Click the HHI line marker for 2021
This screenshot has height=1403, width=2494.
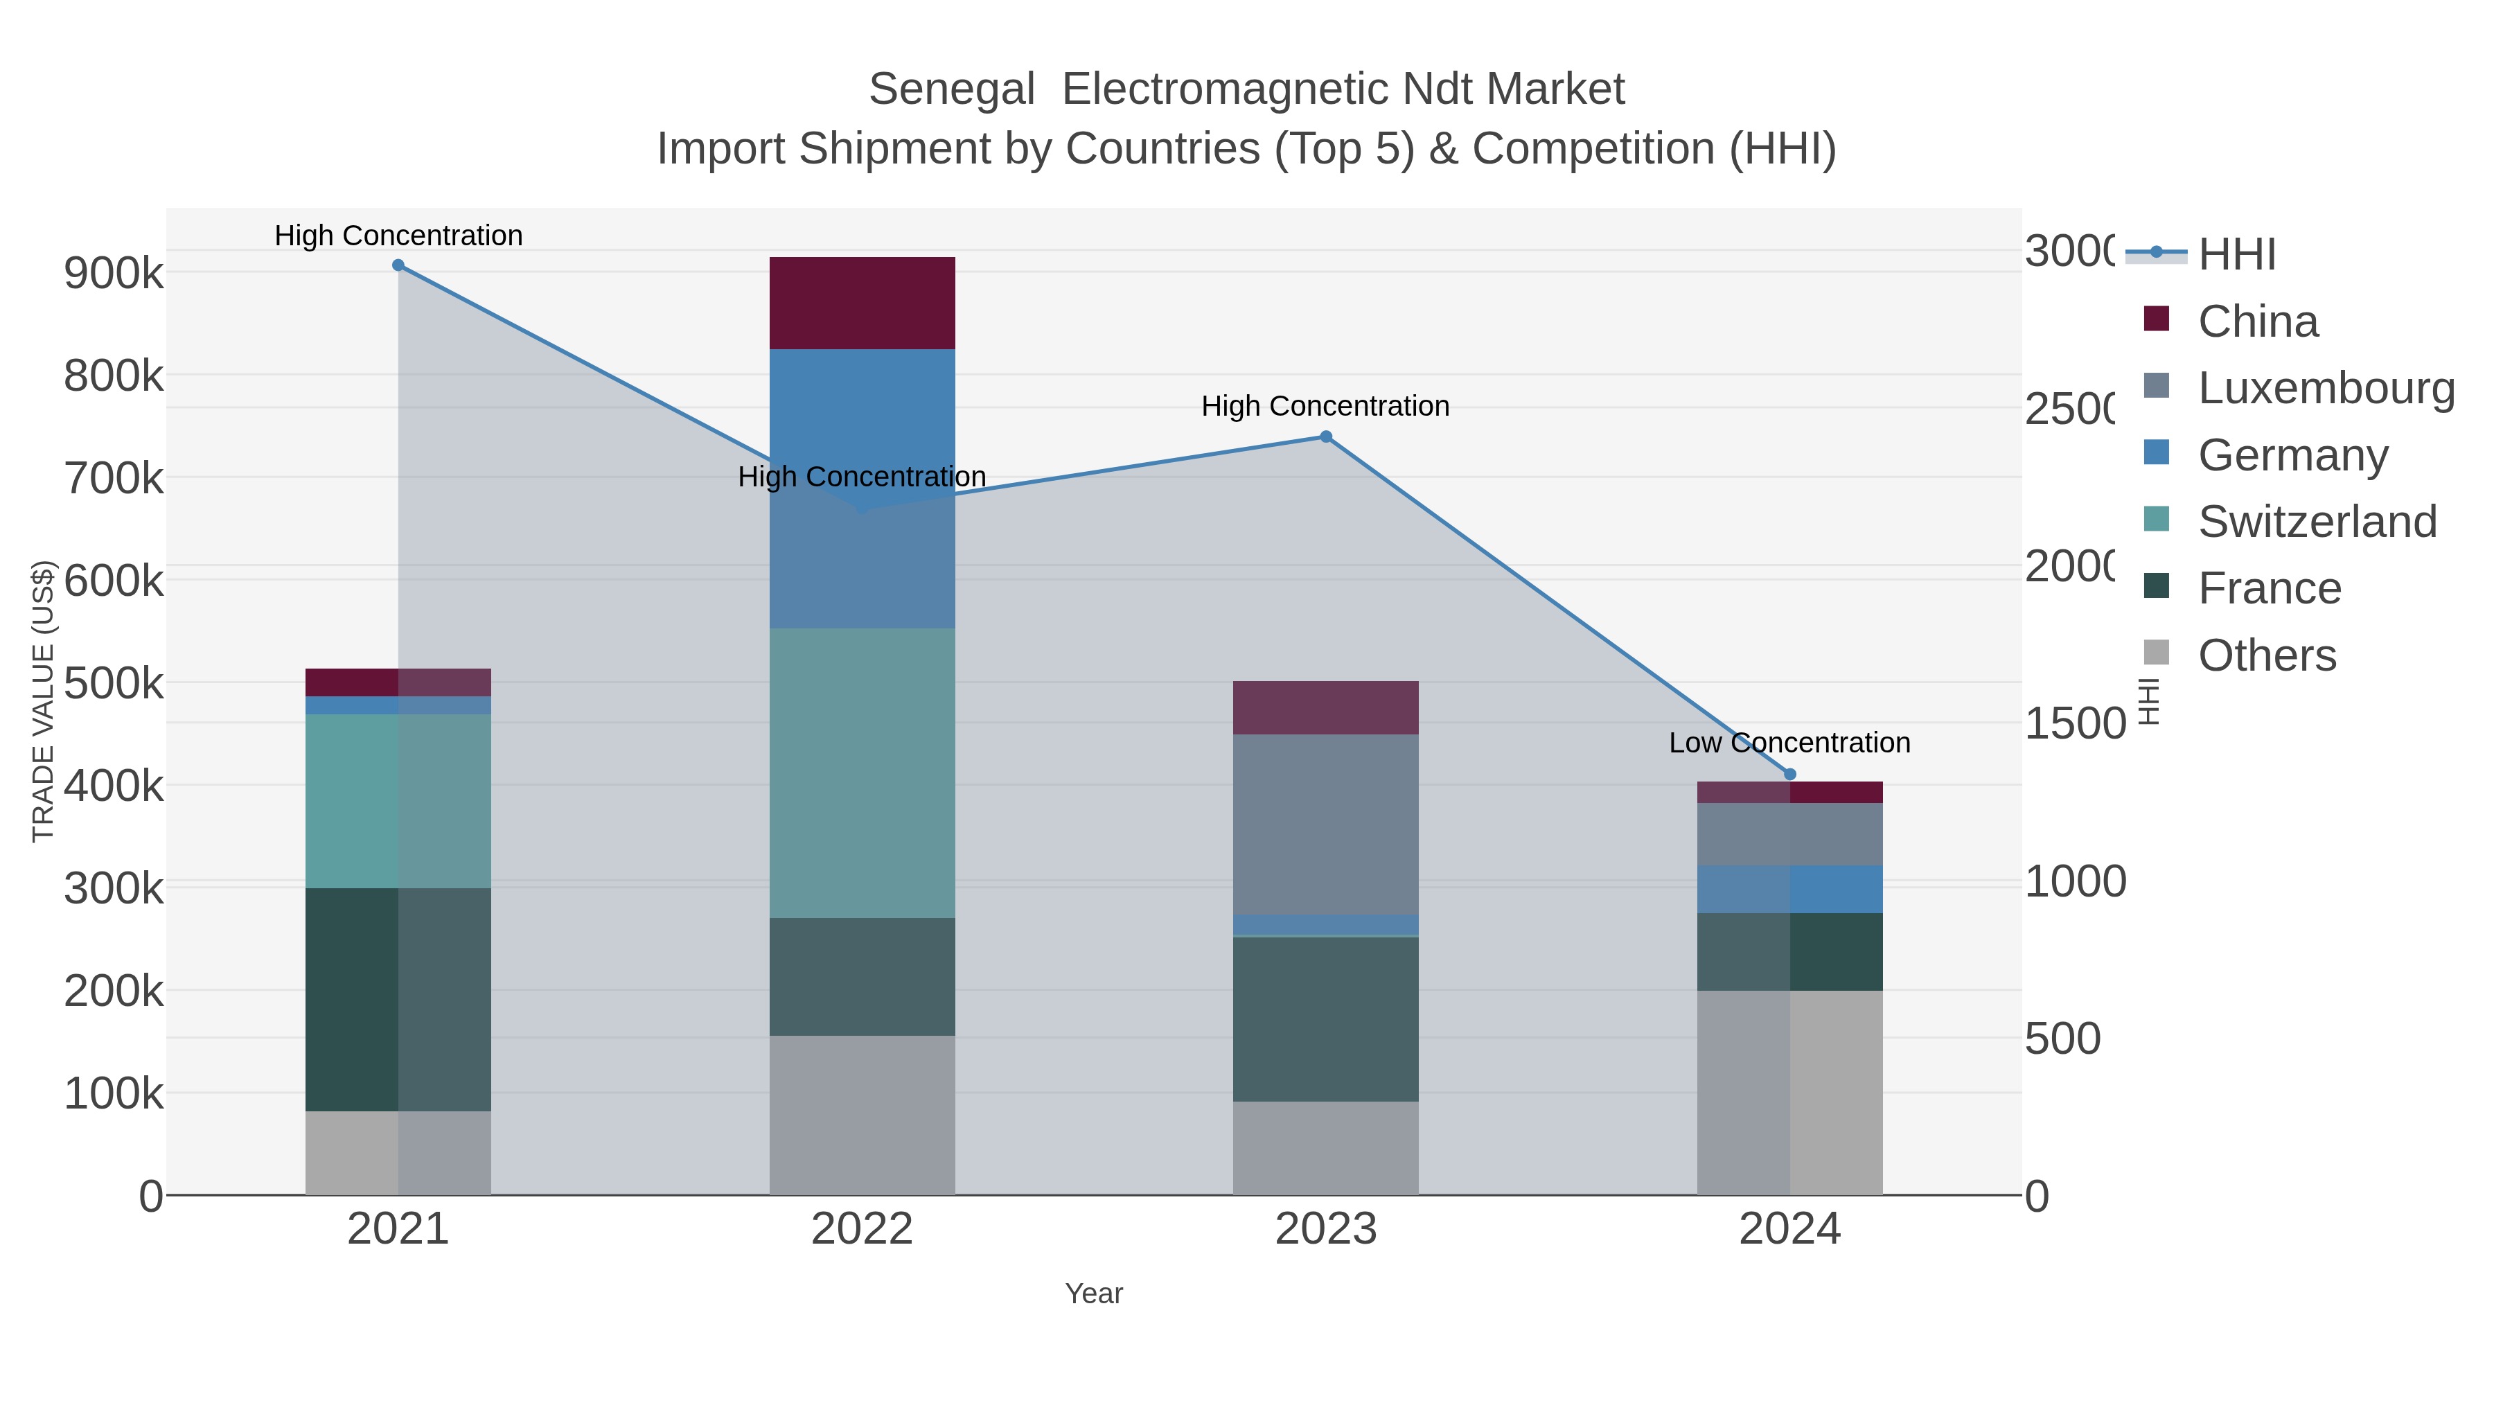tap(398, 265)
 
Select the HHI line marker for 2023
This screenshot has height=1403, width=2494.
tap(1325, 436)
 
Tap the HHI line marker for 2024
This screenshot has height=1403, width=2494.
tap(1789, 774)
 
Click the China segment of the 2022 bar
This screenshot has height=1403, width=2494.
tap(862, 303)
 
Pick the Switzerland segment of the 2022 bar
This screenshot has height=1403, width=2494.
tap(862, 773)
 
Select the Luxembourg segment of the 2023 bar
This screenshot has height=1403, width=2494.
tap(1325, 824)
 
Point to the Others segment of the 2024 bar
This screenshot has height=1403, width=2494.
tap(1789, 1092)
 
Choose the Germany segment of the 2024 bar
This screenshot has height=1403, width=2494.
tap(1789, 889)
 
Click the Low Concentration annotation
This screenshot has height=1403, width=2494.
tap(1789, 743)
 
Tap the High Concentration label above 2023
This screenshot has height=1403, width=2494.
tap(1325, 406)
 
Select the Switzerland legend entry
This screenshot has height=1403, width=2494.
tap(2316, 522)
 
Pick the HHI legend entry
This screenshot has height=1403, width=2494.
tap(2236, 255)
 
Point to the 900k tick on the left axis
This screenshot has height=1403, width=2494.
tap(114, 274)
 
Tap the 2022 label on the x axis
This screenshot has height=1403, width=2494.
tap(862, 1228)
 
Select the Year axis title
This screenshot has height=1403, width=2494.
tap(1093, 1294)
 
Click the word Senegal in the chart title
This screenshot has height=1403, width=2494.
tap(952, 90)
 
